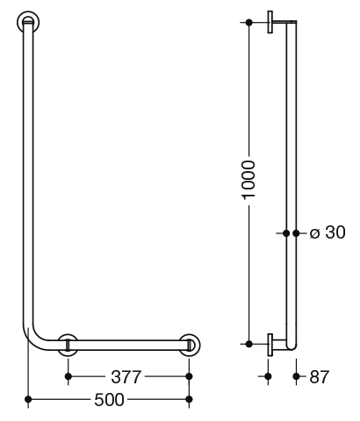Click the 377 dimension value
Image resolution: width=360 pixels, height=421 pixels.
[x=126, y=376]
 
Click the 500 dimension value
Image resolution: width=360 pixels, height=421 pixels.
[x=109, y=399]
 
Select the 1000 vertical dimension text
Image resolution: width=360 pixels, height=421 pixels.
[x=249, y=181]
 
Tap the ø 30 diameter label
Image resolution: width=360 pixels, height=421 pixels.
[x=328, y=232]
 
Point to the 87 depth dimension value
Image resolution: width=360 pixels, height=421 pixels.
[x=320, y=376]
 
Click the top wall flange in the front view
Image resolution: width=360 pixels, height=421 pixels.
[x=28, y=23]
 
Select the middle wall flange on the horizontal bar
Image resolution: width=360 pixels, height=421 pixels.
[x=68, y=345]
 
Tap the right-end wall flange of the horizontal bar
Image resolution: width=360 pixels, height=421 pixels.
[x=190, y=345]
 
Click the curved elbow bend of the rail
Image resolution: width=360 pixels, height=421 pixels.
[x=33, y=340]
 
